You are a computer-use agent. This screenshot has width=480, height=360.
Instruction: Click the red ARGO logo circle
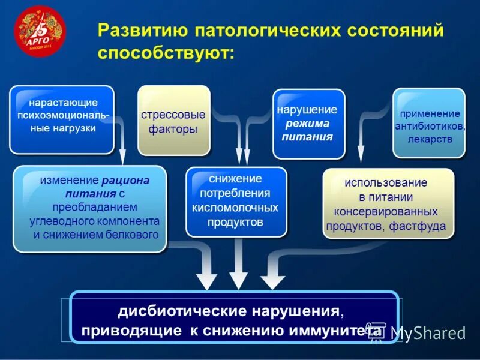point(39,31)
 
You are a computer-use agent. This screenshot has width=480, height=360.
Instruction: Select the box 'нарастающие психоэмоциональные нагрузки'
point(61,119)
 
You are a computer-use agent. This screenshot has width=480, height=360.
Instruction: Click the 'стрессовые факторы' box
point(173,121)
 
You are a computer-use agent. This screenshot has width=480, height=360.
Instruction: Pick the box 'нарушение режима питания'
point(308,123)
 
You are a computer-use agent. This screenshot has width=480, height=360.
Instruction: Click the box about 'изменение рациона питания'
point(89,208)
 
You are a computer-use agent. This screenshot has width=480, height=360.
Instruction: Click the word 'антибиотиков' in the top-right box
point(428,127)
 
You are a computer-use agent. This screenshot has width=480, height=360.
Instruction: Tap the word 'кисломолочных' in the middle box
point(235,208)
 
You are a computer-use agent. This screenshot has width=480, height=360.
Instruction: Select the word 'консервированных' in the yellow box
point(386,212)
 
